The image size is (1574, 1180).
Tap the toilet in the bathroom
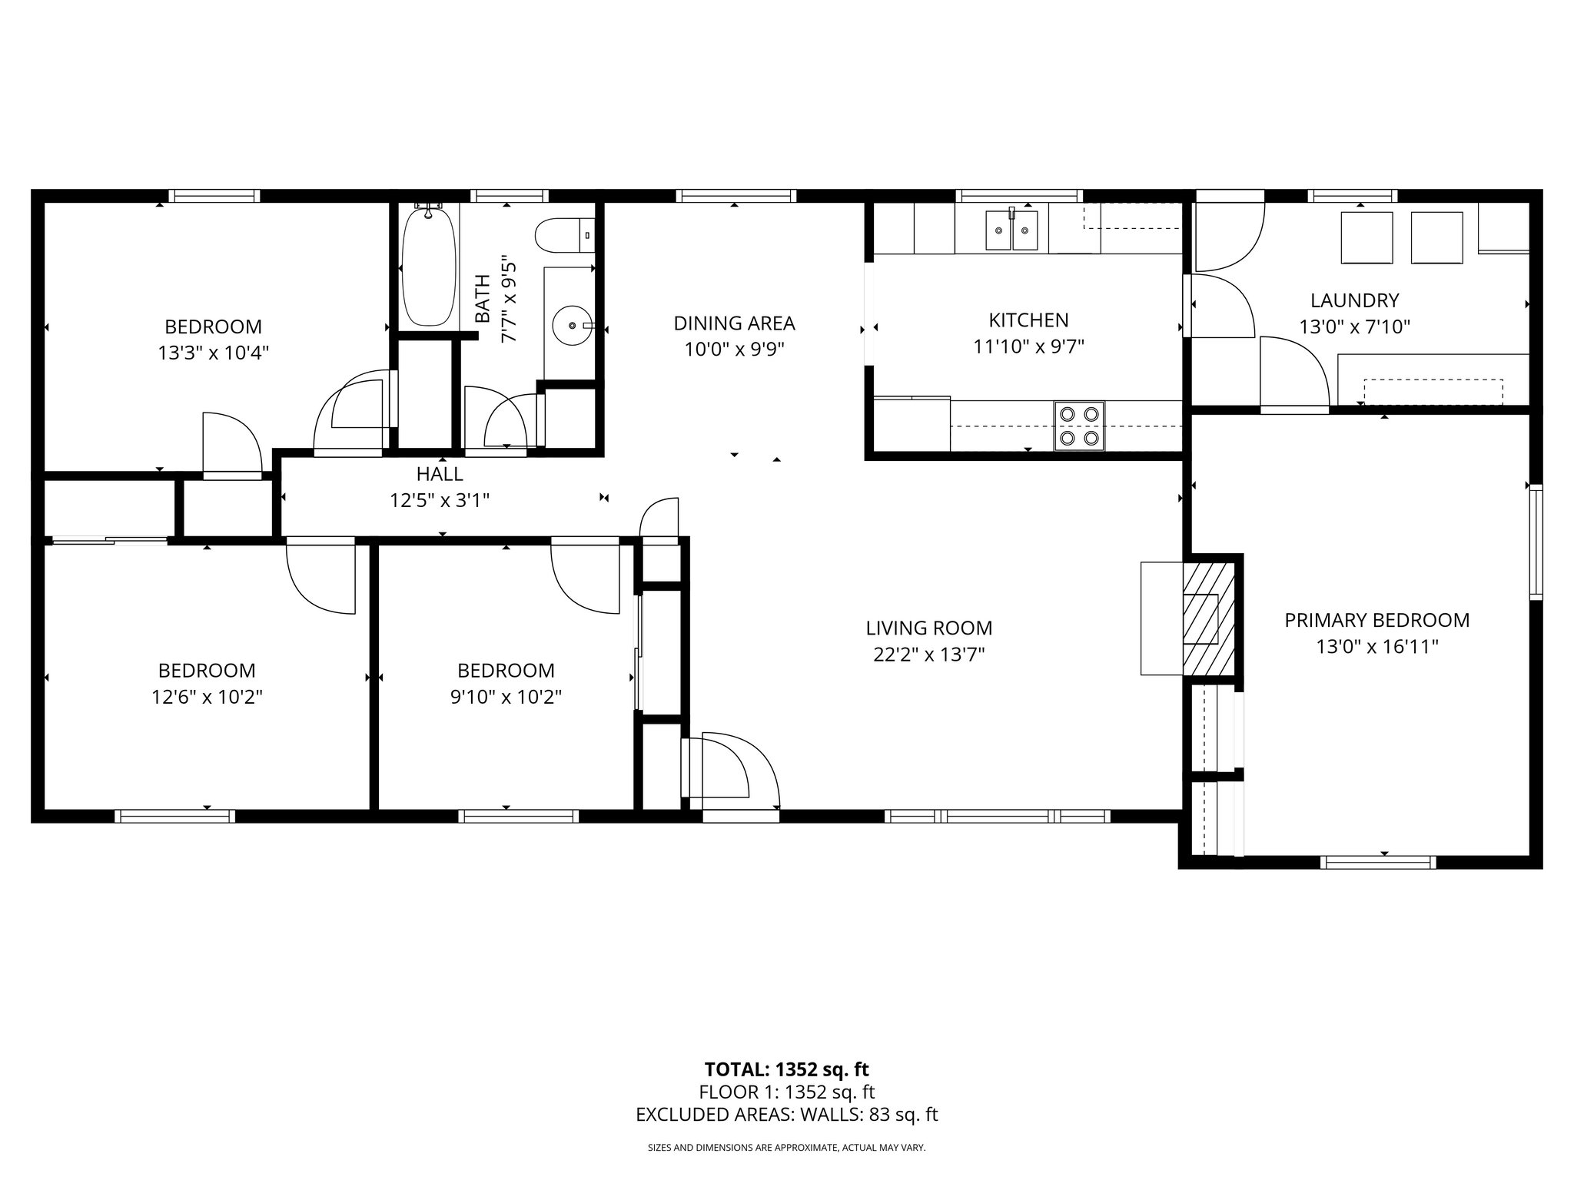click(566, 236)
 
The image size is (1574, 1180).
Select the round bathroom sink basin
click(572, 326)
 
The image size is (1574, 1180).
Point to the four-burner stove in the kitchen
click(1078, 426)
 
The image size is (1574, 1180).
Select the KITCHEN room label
click(1028, 320)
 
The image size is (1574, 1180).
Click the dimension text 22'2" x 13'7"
click(929, 655)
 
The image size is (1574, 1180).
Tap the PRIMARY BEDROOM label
click(1376, 620)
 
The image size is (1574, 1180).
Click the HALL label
click(440, 474)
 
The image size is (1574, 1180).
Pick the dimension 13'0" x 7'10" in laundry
click(1354, 327)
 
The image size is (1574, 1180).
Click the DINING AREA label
click(734, 323)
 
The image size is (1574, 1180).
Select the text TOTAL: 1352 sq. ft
click(786, 1069)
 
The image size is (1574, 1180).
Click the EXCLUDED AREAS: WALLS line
click(786, 1115)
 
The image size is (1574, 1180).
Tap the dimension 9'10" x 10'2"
click(506, 697)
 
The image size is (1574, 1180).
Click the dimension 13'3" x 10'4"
click(213, 353)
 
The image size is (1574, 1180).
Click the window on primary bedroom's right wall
click(1535, 542)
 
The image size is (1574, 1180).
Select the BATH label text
click(483, 298)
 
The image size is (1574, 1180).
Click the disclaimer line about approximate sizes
click(786, 1148)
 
